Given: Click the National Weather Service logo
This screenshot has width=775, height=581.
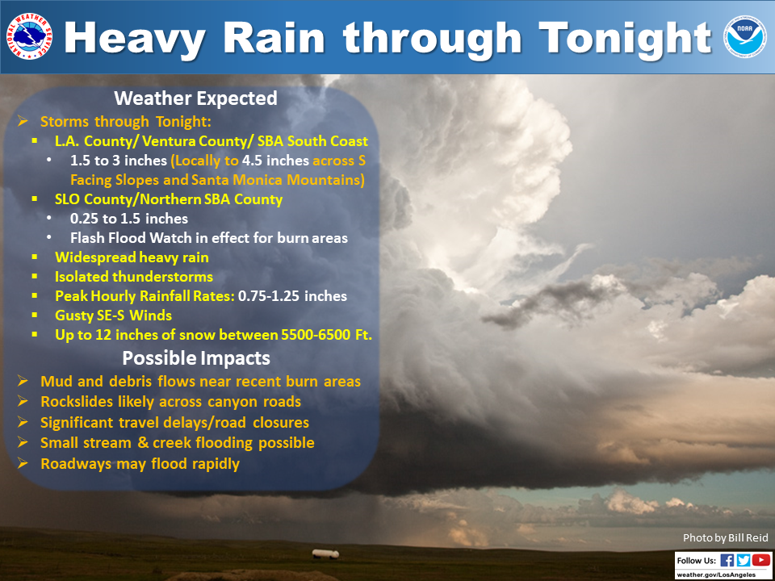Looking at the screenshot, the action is point(29,36).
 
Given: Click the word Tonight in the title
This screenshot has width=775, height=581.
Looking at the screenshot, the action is point(625,38).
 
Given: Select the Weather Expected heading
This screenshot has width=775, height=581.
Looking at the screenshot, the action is point(195,98).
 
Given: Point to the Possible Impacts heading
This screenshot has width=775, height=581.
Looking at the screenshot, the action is point(196,358).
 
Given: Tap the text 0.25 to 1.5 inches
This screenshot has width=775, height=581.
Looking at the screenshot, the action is point(129,219).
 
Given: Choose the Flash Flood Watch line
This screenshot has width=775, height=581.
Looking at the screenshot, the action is point(209,237).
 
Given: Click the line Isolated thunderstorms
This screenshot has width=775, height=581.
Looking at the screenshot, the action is point(134,276).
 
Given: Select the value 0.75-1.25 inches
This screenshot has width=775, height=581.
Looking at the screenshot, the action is point(292,296).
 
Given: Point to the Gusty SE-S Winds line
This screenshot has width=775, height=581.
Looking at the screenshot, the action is point(114,316).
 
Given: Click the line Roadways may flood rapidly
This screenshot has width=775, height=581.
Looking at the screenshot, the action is point(140,465).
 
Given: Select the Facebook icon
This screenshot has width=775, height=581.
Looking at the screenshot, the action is point(727,560).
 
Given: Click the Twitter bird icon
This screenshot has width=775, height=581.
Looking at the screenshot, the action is point(744,560).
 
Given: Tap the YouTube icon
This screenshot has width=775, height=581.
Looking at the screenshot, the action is point(761,560).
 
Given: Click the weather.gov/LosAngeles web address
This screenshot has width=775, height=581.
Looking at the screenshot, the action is point(723,575).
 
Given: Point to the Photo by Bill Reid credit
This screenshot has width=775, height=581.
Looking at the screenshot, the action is point(726,538).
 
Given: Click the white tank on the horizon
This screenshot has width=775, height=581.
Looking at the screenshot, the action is point(325,554).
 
